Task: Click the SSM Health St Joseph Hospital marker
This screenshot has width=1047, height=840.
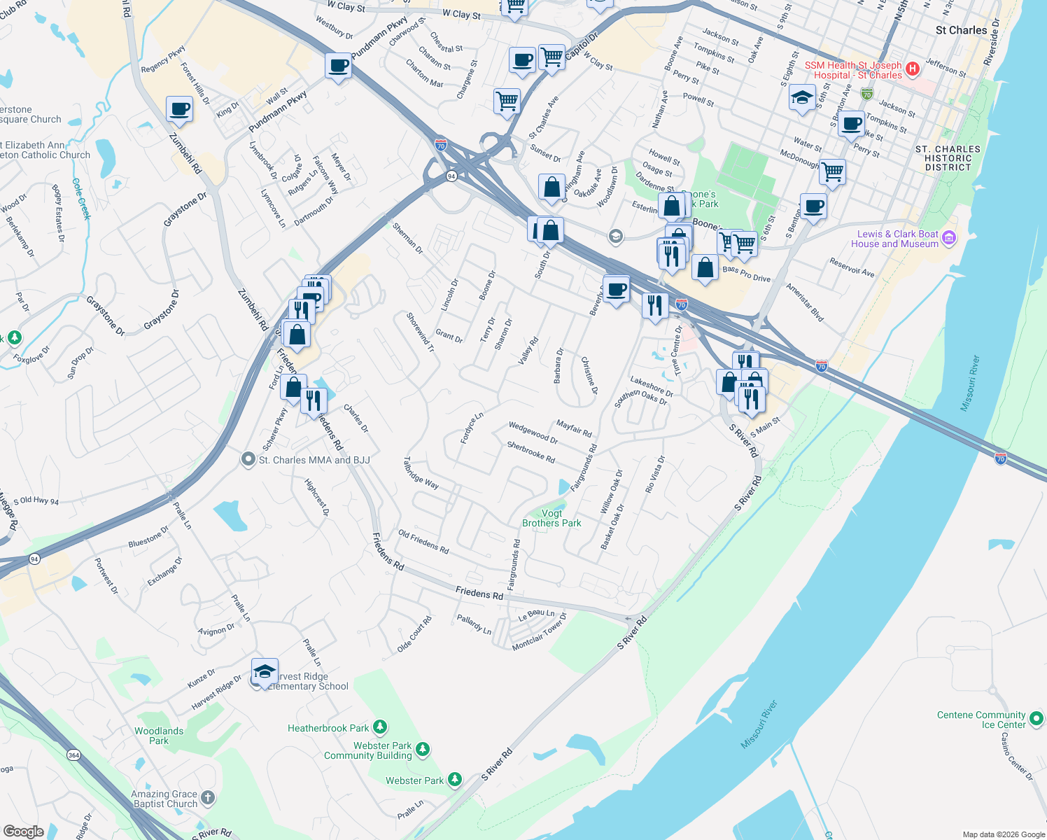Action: pyautogui.click(x=912, y=69)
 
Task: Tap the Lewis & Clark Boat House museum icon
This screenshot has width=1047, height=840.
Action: pyautogui.click(x=949, y=239)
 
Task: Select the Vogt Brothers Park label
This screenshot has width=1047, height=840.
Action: pyautogui.click(x=551, y=518)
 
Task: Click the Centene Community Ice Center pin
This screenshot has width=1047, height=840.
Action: pyautogui.click(x=1037, y=717)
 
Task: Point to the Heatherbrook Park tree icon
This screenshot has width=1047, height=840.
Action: pyautogui.click(x=380, y=728)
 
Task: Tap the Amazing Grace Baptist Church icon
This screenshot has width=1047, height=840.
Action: pyautogui.click(x=208, y=797)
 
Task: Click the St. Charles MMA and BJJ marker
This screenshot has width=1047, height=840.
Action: pyautogui.click(x=248, y=460)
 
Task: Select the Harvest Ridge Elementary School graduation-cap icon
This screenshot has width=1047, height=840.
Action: pyautogui.click(x=265, y=673)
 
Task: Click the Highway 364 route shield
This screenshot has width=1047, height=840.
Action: pyautogui.click(x=73, y=755)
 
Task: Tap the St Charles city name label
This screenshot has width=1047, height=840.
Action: pyautogui.click(x=961, y=30)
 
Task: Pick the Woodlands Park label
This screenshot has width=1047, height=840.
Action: pyautogui.click(x=159, y=736)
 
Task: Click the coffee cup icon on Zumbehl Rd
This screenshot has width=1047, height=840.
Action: pyautogui.click(x=179, y=110)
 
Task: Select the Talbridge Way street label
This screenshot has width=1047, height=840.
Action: pyautogui.click(x=421, y=473)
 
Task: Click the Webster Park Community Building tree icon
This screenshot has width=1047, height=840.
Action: pyautogui.click(x=422, y=750)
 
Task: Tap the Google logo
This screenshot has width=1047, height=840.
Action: pyautogui.click(x=23, y=831)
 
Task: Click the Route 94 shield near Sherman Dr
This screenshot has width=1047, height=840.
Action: pyautogui.click(x=451, y=176)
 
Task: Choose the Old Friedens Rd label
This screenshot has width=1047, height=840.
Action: pyautogui.click(x=423, y=542)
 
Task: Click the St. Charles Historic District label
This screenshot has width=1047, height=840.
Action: pyautogui.click(x=948, y=158)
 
